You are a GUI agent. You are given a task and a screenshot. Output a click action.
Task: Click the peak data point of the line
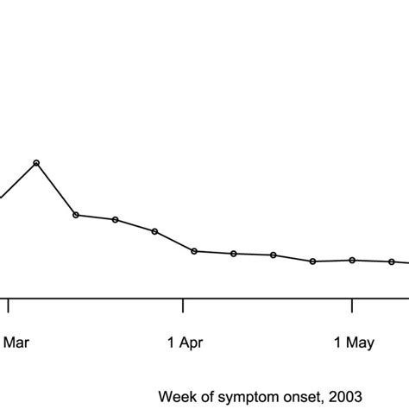pos(36,162)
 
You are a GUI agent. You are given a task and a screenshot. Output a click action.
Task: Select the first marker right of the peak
pos(76,215)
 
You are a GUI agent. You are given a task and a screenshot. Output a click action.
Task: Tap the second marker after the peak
pos(115,220)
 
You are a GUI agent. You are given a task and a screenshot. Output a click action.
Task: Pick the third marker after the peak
pos(154,231)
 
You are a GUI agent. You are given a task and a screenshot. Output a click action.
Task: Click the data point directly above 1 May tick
pos(352,260)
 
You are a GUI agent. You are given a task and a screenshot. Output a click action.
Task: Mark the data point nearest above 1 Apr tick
pos(194,251)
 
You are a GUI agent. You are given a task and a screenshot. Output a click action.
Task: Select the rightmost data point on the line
pos(391,261)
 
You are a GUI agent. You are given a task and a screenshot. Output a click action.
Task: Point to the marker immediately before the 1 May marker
pos(313,261)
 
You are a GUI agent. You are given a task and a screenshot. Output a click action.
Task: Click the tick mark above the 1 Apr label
pos(183,306)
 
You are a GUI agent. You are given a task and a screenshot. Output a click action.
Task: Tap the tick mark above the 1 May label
pos(352,306)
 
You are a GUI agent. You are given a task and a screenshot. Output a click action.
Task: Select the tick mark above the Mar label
pos(9,306)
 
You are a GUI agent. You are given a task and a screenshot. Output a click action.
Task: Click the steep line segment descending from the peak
pos(56,189)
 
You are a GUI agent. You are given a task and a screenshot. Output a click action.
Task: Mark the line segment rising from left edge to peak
pos(18,179)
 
